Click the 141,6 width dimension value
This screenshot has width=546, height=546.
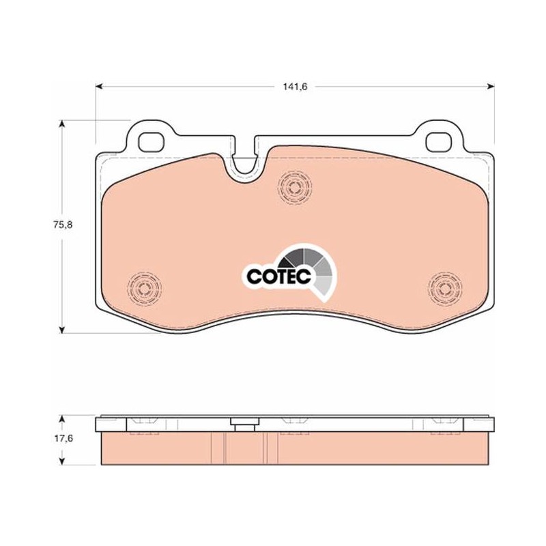tap(295, 87)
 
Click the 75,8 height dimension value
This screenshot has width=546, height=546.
tap(63, 225)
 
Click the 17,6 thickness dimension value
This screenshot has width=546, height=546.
tap(63, 438)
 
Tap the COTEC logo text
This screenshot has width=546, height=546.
tap(278, 276)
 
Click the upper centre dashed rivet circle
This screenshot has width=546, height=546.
tap(295, 188)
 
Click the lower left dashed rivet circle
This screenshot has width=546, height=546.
tap(144, 288)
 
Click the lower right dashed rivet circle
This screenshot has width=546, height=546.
tap(445, 288)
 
